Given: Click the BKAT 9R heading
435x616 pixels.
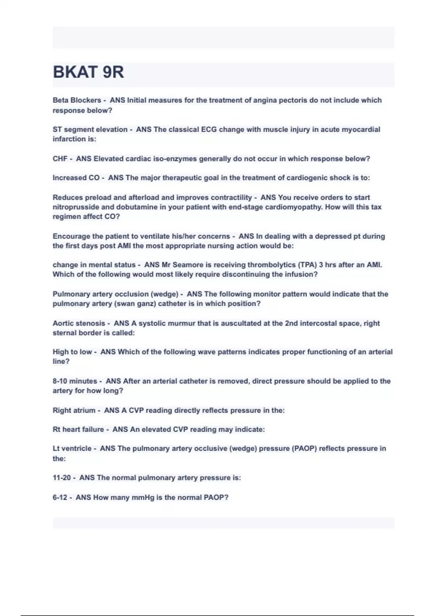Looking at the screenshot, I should click(88, 72).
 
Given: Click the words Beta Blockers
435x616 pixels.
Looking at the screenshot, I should click(77, 100).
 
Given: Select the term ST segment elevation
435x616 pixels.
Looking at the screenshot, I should click(90, 129).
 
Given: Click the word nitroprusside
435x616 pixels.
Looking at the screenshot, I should click(76, 207).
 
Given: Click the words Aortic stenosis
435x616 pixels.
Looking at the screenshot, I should click(79, 323).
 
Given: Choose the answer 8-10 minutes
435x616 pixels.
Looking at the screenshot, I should click(75, 381).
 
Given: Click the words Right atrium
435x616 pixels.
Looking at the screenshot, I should click(74, 411).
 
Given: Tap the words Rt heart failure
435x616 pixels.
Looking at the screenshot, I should click(78, 429).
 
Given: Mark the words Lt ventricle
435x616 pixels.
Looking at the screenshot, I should click(72, 449).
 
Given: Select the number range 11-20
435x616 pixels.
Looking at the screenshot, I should click(62, 478).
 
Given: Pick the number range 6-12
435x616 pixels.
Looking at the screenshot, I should click(60, 498).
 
